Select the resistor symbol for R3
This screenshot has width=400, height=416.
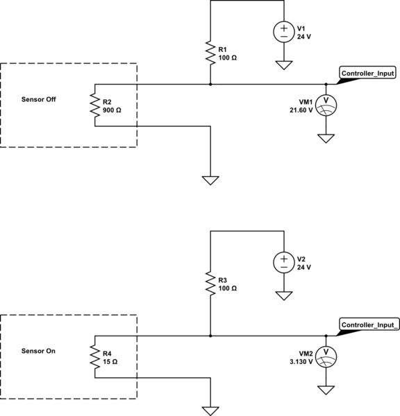click(210, 283)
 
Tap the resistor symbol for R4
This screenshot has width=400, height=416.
click(94, 356)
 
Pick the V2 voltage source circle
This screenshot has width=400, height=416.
click(283, 262)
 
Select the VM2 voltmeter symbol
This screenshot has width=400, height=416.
click(326, 356)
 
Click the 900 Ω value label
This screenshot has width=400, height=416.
click(111, 110)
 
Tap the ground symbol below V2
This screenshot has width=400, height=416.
click(283, 295)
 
